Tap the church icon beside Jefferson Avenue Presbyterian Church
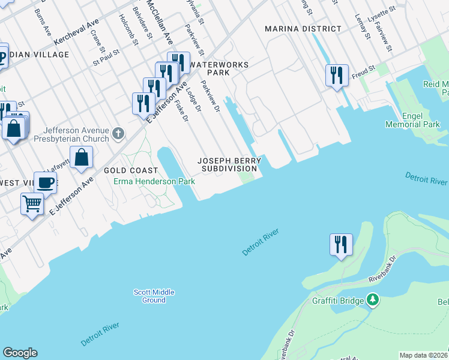119,133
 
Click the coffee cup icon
45,182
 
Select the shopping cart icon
32,203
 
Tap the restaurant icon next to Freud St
337,75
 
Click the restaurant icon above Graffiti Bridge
340,244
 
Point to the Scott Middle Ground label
154,296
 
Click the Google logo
20,353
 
